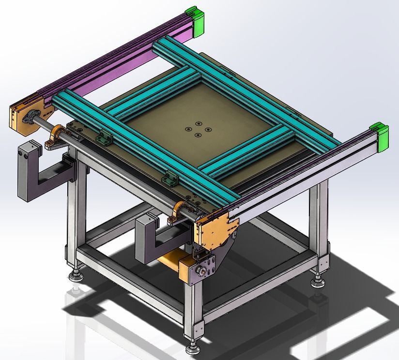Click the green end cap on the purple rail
click(x=196, y=20)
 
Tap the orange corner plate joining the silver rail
click(x=215, y=230)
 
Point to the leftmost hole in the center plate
click(x=188, y=129)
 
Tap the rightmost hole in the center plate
click(x=208, y=129)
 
